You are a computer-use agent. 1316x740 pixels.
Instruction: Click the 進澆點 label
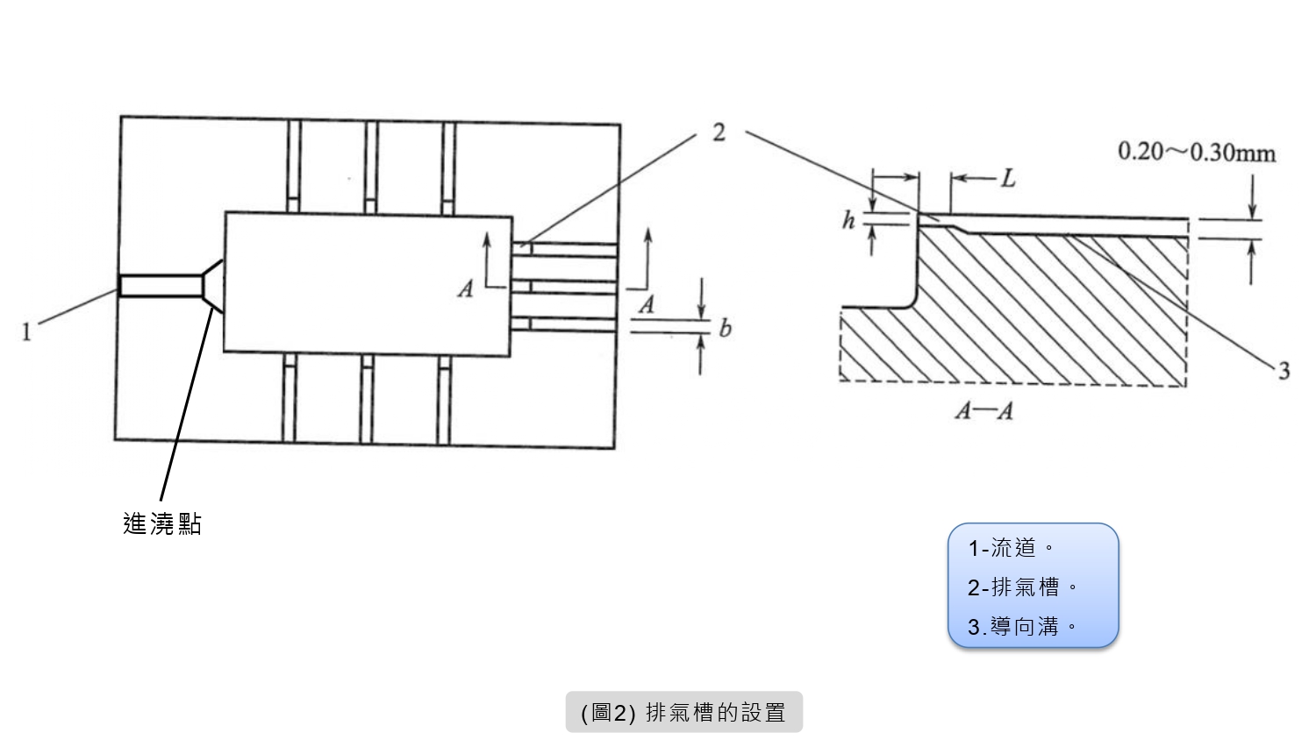click(x=162, y=524)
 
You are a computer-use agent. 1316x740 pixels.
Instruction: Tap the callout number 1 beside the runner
click(x=26, y=332)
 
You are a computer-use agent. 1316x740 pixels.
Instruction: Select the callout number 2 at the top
click(x=719, y=132)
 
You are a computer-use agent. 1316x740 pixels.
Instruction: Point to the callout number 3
click(x=1284, y=371)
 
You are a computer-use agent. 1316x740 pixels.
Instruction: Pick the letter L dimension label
click(x=1008, y=179)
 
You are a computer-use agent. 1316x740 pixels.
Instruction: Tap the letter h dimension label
click(x=848, y=221)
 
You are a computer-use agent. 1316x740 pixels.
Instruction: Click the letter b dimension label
click(x=725, y=329)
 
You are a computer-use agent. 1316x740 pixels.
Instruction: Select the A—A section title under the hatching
click(x=983, y=410)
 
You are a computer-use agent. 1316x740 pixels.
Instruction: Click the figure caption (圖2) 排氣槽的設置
click(x=683, y=712)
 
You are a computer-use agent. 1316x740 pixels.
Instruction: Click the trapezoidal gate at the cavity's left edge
click(x=213, y=286)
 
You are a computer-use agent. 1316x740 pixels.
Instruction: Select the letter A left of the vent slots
click(x=466, y=288)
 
